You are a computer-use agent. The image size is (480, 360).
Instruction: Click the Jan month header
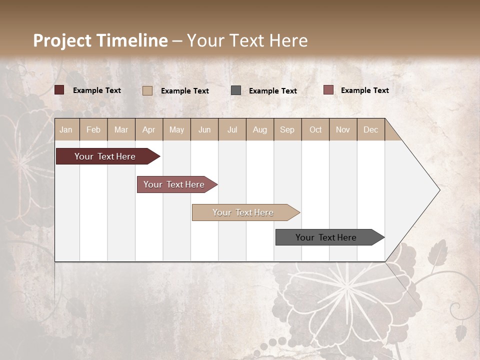coord(66,129)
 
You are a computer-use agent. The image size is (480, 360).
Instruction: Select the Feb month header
coord(93,129)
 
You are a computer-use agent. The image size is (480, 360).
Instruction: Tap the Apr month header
coord(148,129)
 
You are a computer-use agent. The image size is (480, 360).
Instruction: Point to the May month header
coord(176,129)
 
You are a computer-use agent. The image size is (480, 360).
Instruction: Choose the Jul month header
coord(232,129)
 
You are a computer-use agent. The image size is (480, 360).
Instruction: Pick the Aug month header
coord(259,129)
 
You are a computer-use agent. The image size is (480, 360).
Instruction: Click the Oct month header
coord(315,129)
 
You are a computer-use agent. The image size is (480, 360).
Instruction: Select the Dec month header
coord(370,129)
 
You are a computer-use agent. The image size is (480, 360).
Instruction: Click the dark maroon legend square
coord(59,90)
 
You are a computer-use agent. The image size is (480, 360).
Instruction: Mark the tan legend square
coord(147,90)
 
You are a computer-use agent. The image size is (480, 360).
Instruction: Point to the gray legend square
coord(236,90)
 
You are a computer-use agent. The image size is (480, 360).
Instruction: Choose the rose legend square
coord(328,90)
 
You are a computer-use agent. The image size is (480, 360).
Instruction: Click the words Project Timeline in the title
coord(100,40)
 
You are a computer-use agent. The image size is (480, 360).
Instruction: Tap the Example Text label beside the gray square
coord(272,91)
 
